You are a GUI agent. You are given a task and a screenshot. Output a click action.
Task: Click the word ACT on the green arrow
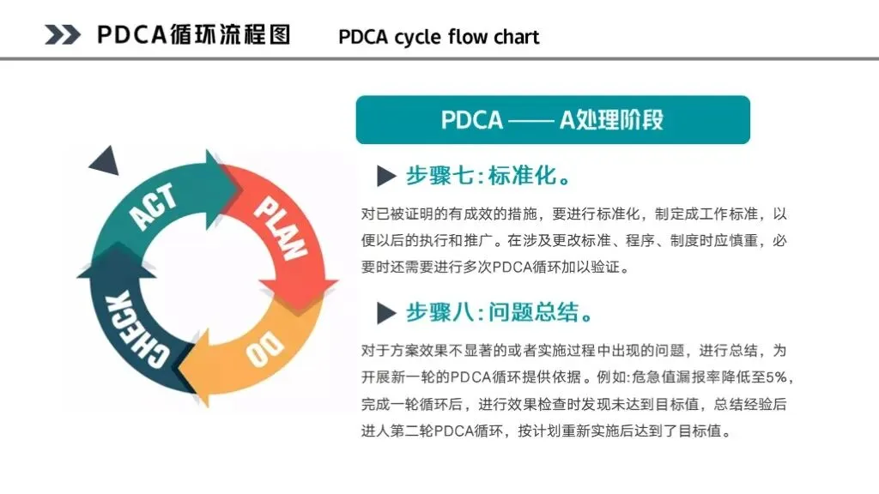[x=155, y=207]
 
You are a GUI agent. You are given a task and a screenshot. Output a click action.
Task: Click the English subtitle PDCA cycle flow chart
[x=439, y=37]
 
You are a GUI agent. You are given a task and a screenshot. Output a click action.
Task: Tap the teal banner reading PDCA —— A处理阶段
[x=553, y=119]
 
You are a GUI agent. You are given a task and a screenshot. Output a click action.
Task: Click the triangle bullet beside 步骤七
[x=386, y=177]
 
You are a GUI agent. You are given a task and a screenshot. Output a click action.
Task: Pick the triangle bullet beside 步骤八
[x=386, y=313]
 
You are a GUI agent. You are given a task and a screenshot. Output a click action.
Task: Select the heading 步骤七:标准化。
[x=488, y=177]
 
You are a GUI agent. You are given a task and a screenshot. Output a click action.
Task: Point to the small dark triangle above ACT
[x=105, y=160]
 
